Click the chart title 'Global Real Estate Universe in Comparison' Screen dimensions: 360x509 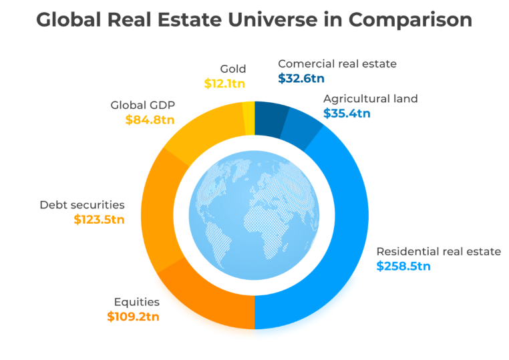[254, 20]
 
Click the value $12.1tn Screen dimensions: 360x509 [225, 83]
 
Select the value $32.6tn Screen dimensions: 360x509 [301, 78]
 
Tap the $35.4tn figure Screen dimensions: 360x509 [347, 114]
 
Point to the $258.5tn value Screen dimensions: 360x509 [403, 266]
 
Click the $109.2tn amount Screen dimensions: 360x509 [133, 317]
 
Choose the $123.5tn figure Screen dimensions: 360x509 [99, 219]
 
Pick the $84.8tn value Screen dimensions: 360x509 [150, 120]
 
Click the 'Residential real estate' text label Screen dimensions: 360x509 [438, 251]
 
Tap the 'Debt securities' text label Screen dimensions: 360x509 [82, 205]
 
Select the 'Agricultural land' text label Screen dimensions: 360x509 [370, 99]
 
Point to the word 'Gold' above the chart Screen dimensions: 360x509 [233, 69]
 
